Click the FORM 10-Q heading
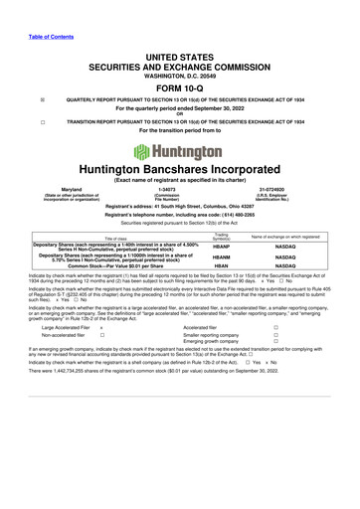[180, 86]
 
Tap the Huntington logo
[180, 151]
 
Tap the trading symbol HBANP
[222, 246]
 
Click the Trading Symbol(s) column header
[222, 237]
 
